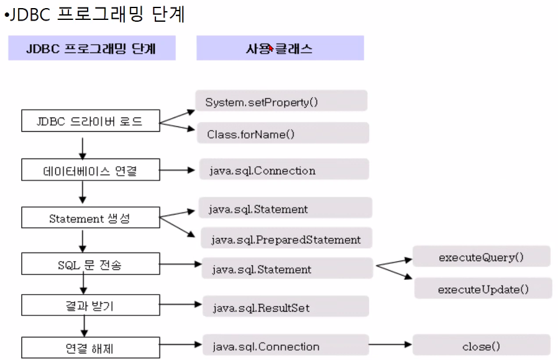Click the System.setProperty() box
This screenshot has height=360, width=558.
pyautogui.click(x=281, y=101)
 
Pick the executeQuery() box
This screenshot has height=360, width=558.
pyautogui.click(x=482, y=256)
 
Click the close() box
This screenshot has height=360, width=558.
pyautogui.click(x=482, y=346)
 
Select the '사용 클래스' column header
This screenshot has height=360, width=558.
pyautogui.click(x=280, y=48)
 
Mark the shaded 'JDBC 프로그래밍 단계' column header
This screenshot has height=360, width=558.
pyautogui.click(x=91, y=48)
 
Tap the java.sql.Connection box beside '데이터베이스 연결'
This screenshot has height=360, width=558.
pyautogui.click(x=283, y=170)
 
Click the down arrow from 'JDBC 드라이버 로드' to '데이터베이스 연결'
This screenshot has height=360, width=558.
pyautogui.click(x=82, y=147)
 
